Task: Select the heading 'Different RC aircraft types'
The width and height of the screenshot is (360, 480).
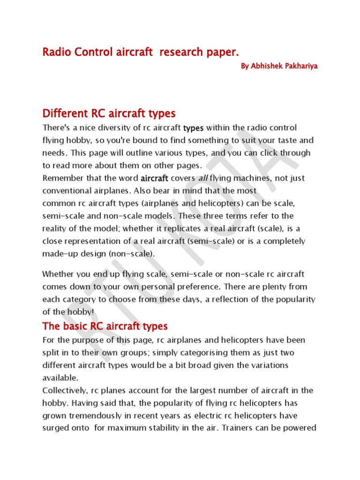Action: tap(109, 113)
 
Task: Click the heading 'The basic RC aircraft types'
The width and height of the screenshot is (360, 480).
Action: tap(105, 326)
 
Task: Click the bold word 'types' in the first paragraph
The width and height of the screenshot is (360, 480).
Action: tap(194, 128)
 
